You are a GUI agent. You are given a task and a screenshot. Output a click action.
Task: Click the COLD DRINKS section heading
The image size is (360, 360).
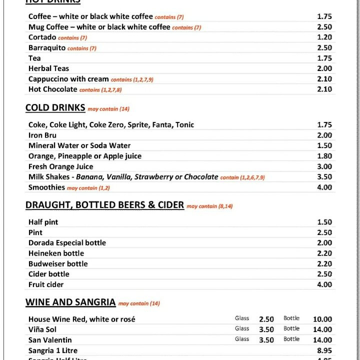click(55, 108)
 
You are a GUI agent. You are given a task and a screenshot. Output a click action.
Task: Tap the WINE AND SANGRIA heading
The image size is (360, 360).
click(70, 302)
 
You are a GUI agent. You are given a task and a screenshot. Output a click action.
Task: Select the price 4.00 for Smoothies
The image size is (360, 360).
click(324, 187)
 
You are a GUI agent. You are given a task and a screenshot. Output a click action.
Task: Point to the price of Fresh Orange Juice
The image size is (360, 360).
click(324, 166)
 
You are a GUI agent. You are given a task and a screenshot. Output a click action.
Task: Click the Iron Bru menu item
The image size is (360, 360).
click(42, 135)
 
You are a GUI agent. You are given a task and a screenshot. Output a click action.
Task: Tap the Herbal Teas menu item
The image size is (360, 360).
click(48, 68)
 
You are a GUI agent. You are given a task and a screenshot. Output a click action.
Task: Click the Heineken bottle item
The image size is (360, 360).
click(56, 253)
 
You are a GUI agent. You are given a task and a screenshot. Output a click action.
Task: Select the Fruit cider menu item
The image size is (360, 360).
click(46, 284)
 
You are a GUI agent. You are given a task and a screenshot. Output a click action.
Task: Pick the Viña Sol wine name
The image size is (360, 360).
click(42, 329)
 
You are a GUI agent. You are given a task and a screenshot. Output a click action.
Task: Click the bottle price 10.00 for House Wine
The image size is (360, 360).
click(322, 319)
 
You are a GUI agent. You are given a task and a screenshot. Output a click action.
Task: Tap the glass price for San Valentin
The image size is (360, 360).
click(266, 340)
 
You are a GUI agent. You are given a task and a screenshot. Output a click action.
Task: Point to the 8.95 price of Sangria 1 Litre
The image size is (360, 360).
click(324, 350)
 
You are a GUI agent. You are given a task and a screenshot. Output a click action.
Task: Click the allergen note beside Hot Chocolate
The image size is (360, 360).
click(100, 90)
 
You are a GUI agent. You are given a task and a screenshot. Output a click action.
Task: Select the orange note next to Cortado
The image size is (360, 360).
click(72, 38)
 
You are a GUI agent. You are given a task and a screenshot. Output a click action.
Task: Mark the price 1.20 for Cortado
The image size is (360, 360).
click(324, 37)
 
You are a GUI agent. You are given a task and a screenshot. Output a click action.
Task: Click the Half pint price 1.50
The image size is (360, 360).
click(324, 222)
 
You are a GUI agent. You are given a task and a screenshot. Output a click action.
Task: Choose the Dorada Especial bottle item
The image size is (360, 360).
click(67, 242)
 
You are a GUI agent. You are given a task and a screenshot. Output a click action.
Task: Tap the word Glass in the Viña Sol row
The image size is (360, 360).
click(242, 328)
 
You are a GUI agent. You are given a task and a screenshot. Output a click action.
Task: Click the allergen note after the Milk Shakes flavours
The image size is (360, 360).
click(242, 177)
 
